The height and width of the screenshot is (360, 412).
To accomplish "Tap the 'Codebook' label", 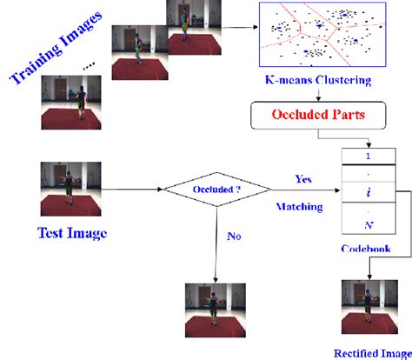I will (365, 249).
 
